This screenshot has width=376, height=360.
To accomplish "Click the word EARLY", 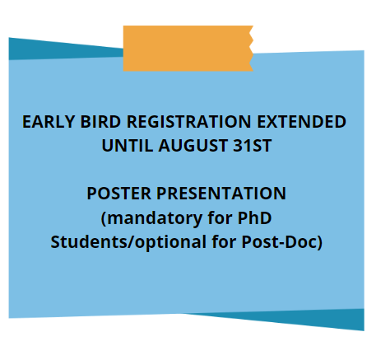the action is (x=49, y=122).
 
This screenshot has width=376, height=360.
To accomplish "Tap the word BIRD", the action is (x=100, y=122).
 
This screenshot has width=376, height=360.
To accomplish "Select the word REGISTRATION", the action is (x=188, y=122).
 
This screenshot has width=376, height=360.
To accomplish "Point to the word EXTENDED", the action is (x=301, y=122).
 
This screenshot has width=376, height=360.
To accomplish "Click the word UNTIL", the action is (x=128, y=146).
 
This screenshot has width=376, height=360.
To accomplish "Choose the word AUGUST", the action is (x=193, y=146).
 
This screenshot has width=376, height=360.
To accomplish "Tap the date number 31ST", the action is (x=253, y=146).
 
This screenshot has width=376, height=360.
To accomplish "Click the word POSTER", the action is (x=118, y=194).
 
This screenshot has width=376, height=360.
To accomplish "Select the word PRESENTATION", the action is (x=221, y=194).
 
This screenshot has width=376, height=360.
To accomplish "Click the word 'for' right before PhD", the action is (x=220, y=217).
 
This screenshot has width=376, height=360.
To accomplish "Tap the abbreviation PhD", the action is (x=254, y=217).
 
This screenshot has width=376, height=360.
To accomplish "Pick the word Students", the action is (x=91, y=242).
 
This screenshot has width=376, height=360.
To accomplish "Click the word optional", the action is (x=170, y=242).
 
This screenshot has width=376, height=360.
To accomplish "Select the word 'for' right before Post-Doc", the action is (x=224, y=241).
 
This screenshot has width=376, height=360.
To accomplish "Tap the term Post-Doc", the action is (x=279, y=242).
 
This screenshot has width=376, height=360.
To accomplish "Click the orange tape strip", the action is (x=188, y=49).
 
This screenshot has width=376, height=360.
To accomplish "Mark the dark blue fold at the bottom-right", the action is (x=302, y=318).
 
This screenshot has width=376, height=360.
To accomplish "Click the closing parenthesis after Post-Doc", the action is (x=319, y=242).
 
